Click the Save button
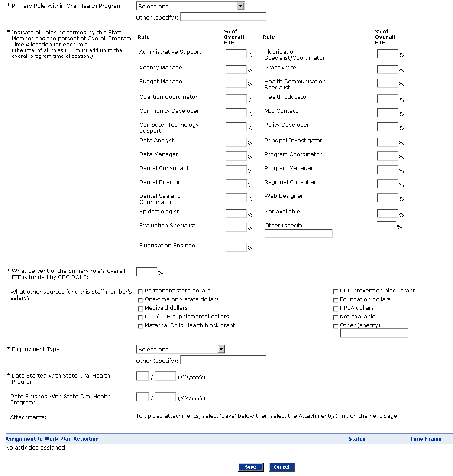pyautogui.click(x=250, y=467)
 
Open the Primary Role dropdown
pyautogui.click(x=190, y=6)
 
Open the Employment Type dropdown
pyautogui.click(x=181, y=349)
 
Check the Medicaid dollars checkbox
pyautogui.click(x=140, y=309)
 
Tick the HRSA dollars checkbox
pyautogui.click(x=336, y=309)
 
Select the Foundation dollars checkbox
pyautogui.click(x=336, y=300)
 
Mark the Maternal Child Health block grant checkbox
pyautogui.click(x=140, y=326)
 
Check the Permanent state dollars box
pyautogui.click(x=140, y=291)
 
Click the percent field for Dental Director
pyautogui.click(x=236, y=184)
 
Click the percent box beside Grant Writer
pyautogui.click(x=387, y=69)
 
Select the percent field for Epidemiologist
pyautogui.click(x=236, y=213)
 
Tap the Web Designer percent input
pyautogui.click(x=387, y=197)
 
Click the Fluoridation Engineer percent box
pyautogui.click(x=236, y=247)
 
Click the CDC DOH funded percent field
pyautogui.click(x=146, y=271)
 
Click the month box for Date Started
pyautogui.click(x=142, y=376)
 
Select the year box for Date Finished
pyautogui.click(x=165, y=397)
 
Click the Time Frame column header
pyautogui.click(x=426, y=439)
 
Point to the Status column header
pyautogui.click(x=357, y=439)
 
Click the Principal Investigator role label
pyautogui.click(x=293, y=141)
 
